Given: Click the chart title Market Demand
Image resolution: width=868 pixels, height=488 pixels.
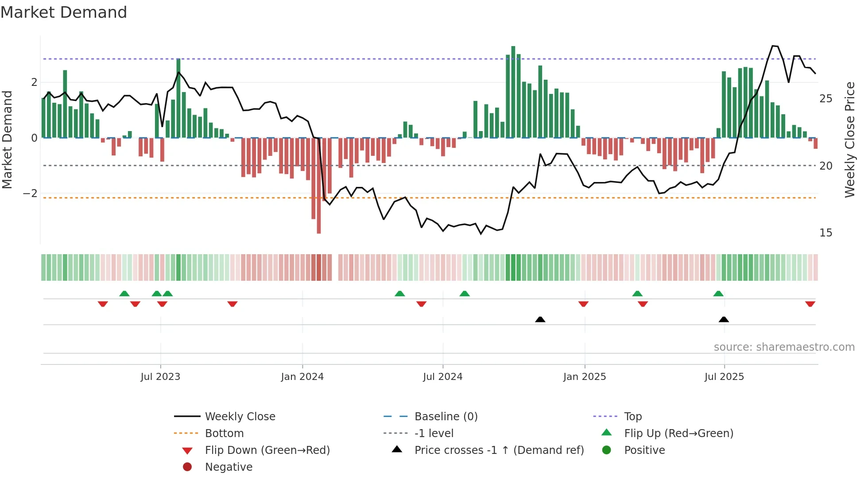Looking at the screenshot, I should (64, 12).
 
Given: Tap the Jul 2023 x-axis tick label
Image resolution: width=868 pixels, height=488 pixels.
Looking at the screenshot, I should (160, 377).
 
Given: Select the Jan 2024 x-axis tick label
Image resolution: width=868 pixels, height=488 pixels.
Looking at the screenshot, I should (302, 377).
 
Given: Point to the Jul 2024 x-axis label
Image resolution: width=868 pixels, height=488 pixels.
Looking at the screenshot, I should (442, 377).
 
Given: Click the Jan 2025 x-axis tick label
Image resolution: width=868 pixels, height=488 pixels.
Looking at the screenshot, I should (585, 377).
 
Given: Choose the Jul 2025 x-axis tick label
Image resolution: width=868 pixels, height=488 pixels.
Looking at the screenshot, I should (724, 377).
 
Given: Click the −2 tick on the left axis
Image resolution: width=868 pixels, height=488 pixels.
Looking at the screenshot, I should (30, 194).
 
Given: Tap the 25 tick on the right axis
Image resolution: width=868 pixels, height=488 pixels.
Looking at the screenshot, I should (825, 99).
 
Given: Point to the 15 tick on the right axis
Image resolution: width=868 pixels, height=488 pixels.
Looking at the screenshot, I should (825, 233).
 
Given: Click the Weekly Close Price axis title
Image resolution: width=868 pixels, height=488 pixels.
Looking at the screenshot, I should (849, 139).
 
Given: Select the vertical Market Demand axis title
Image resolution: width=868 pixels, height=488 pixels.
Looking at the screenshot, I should (7, 139).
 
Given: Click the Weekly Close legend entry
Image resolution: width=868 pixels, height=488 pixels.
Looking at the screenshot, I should (240, 417).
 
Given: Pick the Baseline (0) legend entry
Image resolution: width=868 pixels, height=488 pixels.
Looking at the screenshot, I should (446, 417).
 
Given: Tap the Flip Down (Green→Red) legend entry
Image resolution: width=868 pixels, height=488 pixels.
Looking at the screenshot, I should (267, 450).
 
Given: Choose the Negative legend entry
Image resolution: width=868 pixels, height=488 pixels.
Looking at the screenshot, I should (229, 467).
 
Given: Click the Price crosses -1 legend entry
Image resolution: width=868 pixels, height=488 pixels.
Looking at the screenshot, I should (499, 450).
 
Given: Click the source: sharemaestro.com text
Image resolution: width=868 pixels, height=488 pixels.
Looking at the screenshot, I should (784, 347).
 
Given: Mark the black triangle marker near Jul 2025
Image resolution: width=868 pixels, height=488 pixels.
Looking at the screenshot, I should (724, 319).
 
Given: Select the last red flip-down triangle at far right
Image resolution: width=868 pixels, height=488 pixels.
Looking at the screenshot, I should (810, 304).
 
